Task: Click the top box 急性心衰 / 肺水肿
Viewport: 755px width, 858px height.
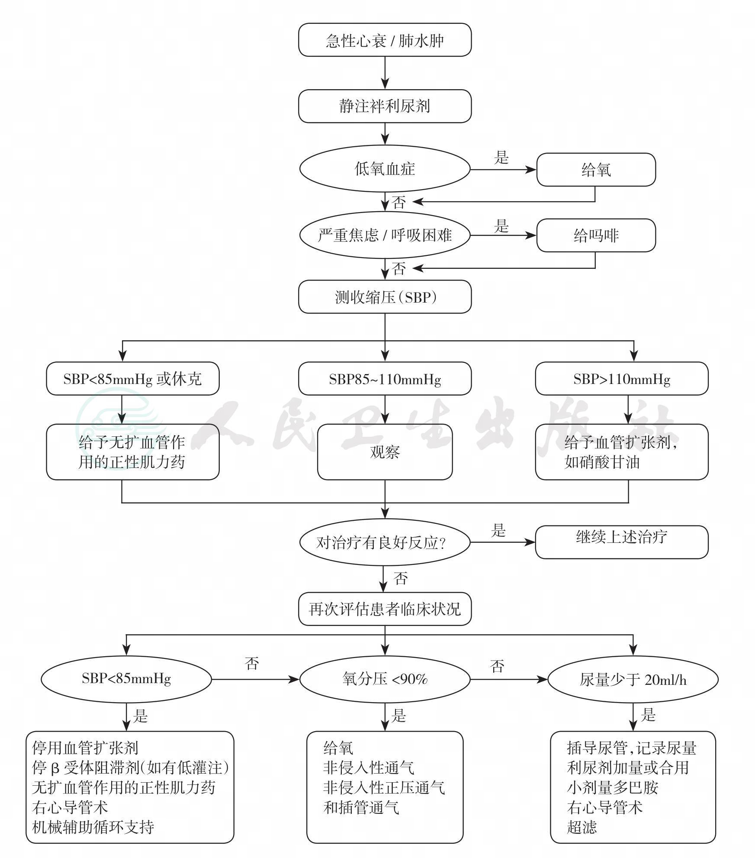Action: click(x=385, y=40)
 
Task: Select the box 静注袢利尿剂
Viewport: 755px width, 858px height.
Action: click(x=385, y=106)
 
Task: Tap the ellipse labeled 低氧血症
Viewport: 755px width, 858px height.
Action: click(x=385, y=169)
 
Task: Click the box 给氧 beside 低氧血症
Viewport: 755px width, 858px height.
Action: click(x=596, y=170)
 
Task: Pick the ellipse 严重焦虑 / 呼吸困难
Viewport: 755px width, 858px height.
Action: click(x=385, y=235)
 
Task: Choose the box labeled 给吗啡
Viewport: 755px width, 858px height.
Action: click(x=596, y=235)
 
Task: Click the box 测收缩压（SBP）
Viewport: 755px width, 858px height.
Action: click(x=385, y=297)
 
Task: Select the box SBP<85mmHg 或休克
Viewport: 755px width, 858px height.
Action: click(x=133, y=379)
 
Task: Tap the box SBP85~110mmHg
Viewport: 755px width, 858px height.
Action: click(x=385, y=379)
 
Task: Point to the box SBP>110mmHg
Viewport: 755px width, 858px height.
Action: click(x=622, y=379)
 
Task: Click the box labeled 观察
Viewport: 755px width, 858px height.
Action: click(x=385, y=452)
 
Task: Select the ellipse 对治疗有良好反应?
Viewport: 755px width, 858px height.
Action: click(x=385, y=542)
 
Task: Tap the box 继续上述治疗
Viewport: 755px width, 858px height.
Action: click(x=622, y=542)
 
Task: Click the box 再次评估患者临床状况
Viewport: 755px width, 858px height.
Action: click(x=385, y=609)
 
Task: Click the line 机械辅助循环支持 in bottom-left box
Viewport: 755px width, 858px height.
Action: click(x=93, y=827)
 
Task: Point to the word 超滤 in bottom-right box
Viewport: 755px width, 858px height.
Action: click(x=582, y=827)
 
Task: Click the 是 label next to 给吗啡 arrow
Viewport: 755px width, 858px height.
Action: click(x=501, y=226)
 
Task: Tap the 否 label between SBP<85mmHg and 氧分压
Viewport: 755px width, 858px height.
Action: click(x=252, y=663)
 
